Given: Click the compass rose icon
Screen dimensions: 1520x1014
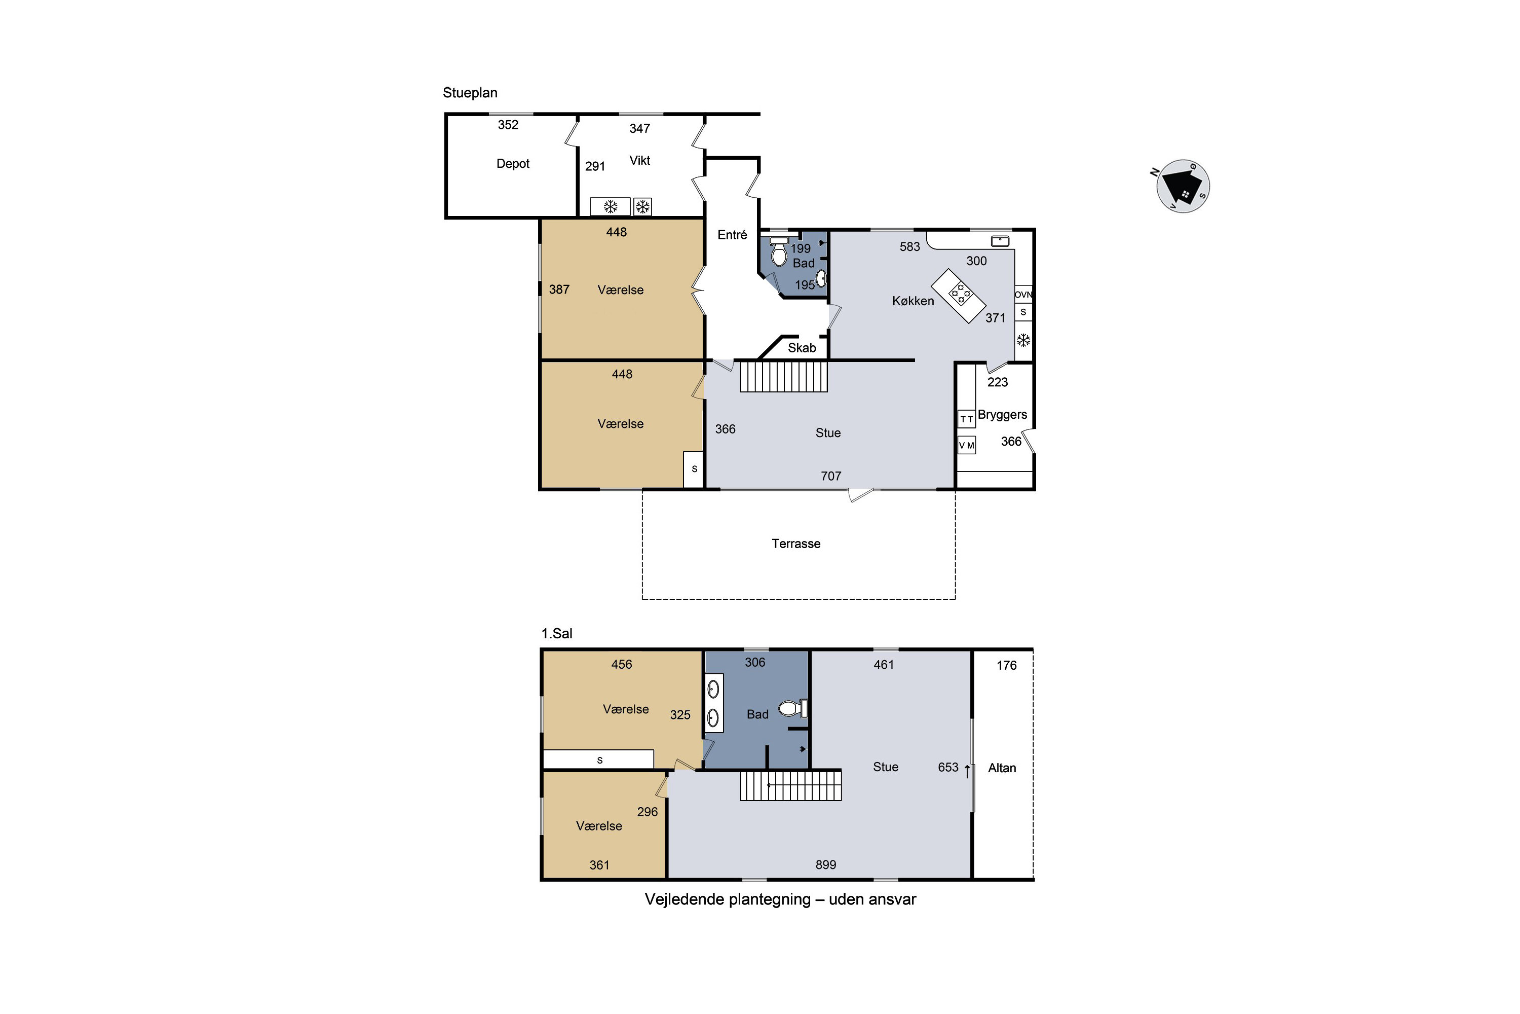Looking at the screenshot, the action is click(1183, 186).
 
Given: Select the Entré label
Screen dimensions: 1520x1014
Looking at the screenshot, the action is click(732, 235).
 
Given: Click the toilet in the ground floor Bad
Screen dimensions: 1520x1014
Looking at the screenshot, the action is click(779, 252).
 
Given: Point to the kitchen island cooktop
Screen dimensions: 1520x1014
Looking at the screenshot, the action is click(960, 294).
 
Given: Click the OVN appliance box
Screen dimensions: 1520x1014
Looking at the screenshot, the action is click(1023, 294).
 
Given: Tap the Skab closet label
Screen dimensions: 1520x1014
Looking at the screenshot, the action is click(802, 348).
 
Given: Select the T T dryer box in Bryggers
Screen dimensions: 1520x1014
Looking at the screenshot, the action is click(966, 419).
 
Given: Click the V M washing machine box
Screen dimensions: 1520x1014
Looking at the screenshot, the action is click(966, 445).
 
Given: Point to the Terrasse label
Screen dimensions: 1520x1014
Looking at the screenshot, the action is click(795, 544).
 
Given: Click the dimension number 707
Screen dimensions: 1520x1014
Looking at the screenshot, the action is click(830, 477).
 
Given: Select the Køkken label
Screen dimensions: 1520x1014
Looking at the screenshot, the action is click(913, 301).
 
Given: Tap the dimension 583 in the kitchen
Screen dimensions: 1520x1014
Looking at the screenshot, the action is click(909, 247).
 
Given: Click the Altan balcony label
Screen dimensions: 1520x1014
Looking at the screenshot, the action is click(1002, 768).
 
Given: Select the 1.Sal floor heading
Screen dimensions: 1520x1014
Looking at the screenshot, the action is click(556, 634).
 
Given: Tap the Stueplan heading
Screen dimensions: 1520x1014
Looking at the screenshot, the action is click(470, 92).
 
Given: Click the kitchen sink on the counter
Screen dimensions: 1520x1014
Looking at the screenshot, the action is click(1000, 241).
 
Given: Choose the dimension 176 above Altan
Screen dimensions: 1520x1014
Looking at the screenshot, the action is click(1006, 665).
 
